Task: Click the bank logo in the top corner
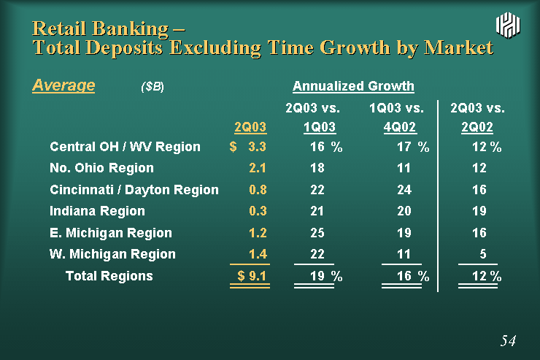click(508, 25)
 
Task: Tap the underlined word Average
click(63, 85)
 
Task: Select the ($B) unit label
click(153, 86)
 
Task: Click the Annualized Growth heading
click(353, 86)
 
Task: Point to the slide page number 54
click(509, 340)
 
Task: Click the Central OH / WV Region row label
click(125, 147)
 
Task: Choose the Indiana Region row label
click(97, 211)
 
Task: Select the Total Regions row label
click(109, 276)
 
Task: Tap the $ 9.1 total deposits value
click(252, 276)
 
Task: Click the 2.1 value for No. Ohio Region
click(258, 168)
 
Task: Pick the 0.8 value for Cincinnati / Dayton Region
click(258, 190)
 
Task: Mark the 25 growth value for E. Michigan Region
click(317, 233)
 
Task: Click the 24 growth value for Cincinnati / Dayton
click(404, 190)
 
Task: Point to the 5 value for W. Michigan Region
click(483, 254)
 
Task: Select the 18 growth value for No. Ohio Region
click(317, 168)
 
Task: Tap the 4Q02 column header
click(400, 127)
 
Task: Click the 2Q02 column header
click(477, 127)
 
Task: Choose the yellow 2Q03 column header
click(250, 127)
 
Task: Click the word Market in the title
click(459, 47)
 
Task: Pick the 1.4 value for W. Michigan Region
click(258, 254)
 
